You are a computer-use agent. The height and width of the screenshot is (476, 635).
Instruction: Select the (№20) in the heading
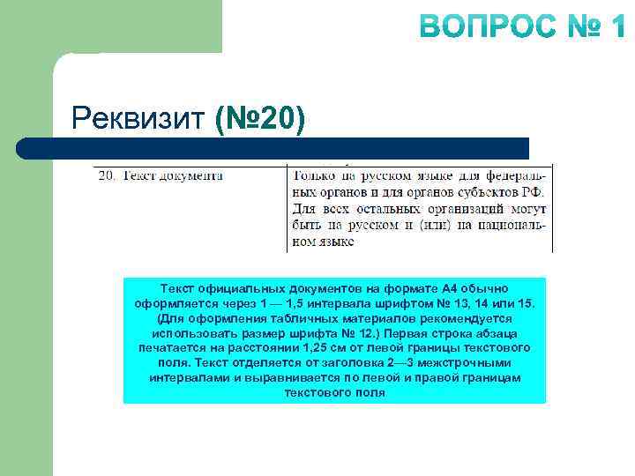click(x=260, y=116)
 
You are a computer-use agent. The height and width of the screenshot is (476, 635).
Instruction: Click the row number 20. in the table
click(x=107, y=175)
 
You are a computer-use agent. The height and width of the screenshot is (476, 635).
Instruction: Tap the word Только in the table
click(x=313, y=175)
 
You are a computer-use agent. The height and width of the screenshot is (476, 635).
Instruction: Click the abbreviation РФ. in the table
click(x=532, y=192)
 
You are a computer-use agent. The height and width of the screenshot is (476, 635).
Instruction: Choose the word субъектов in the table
click(x=484, y=192)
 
